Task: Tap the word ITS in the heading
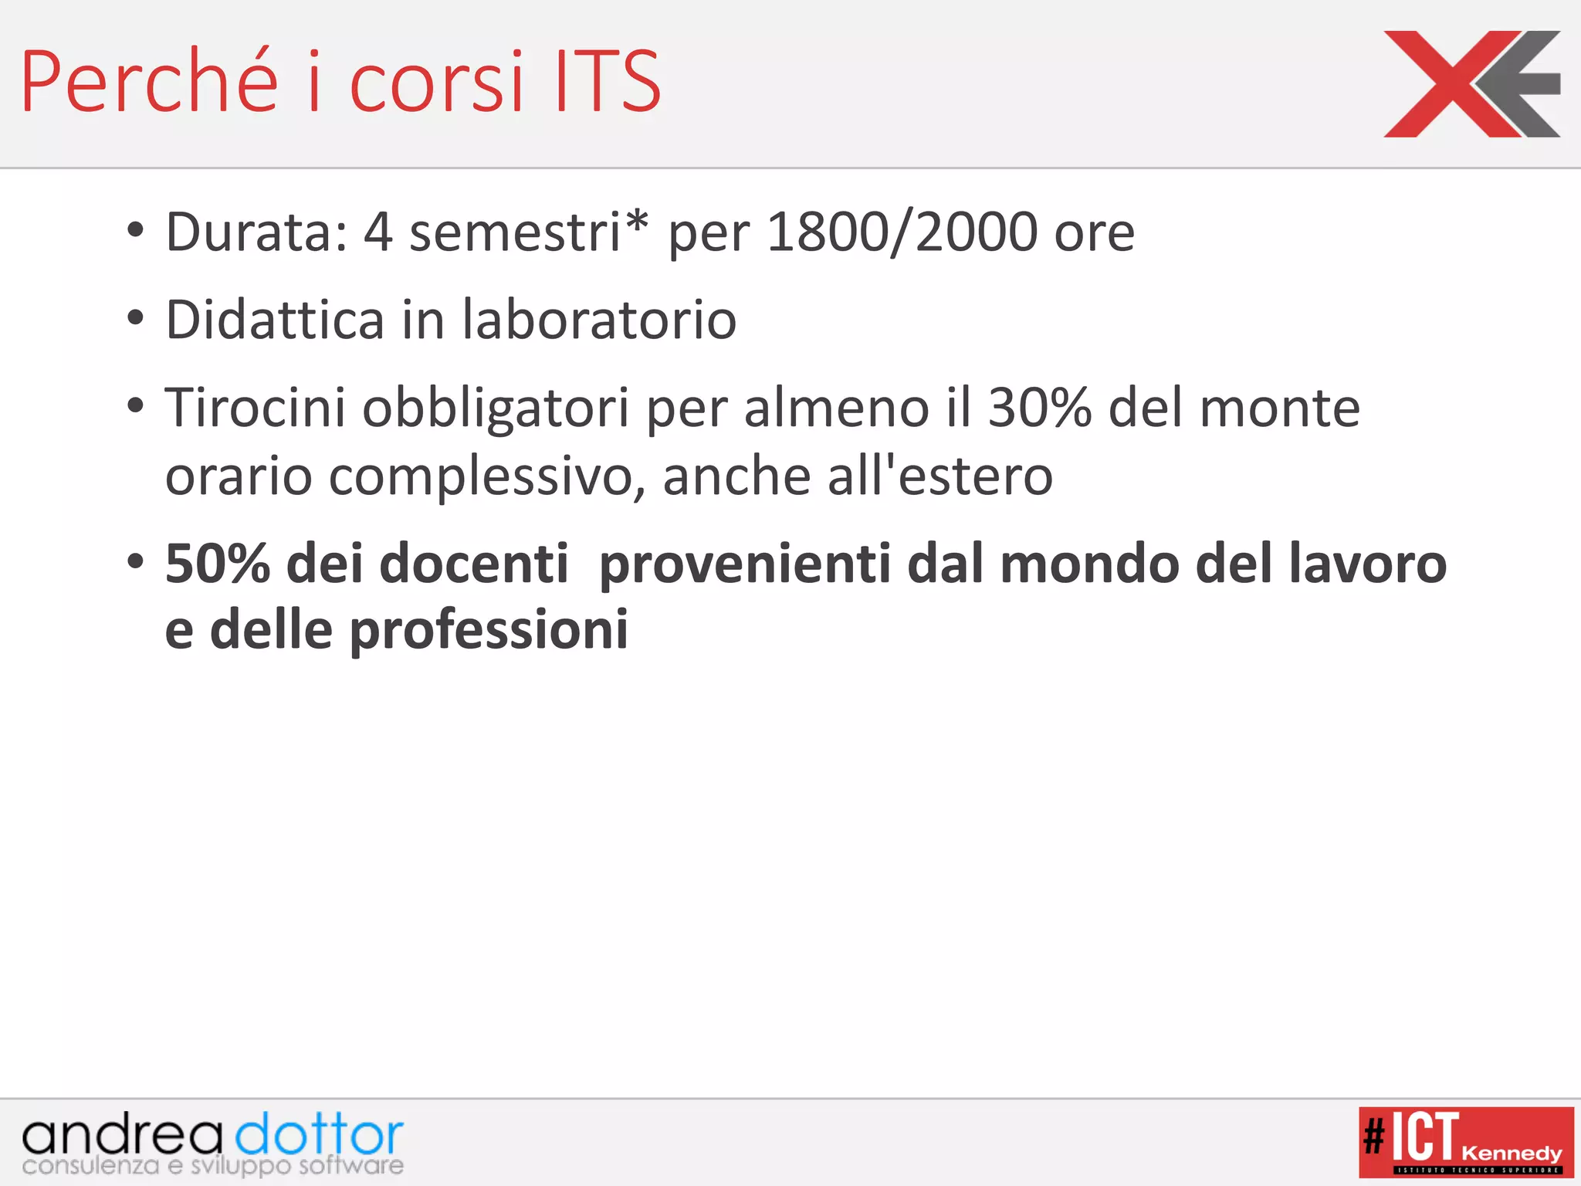click(608, 81)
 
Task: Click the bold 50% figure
click(218, 564)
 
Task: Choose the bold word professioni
click(489, 630)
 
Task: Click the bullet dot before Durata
click(136, 229)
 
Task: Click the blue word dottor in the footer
click(319, 1135)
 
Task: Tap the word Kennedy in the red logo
click(1511, 1154)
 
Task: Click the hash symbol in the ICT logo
click(1374, 1137)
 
